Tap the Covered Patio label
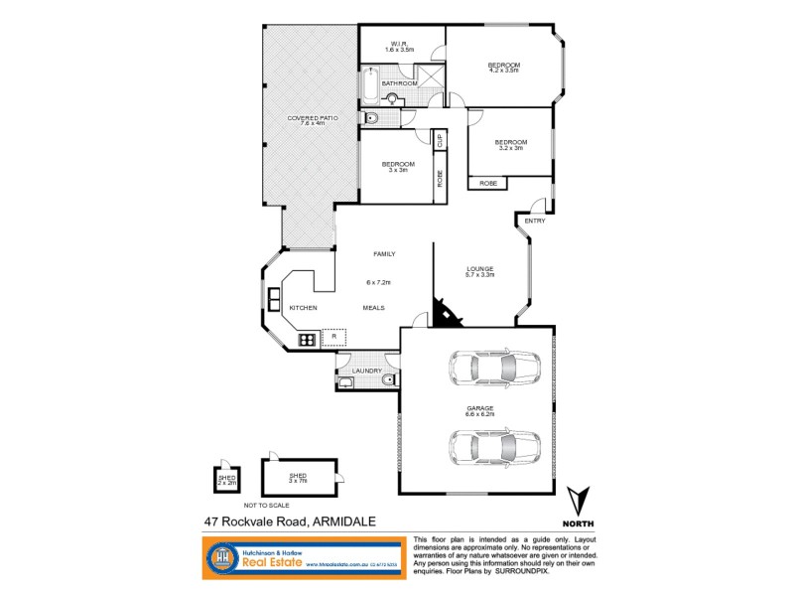click(314, 120)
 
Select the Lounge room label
click(480, 270)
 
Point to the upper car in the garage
click(493, 369)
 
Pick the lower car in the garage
click(493, 449)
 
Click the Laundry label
click(367, 372)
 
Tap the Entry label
click(535, 221)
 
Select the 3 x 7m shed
click(299, 477)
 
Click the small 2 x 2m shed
click(226, 480)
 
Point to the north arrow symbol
click(579, 501)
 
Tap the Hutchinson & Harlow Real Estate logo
click(298, 557)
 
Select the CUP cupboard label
click(439, 141)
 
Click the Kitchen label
click(303, 308)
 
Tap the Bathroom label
click(400, 83)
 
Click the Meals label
click(373, 308)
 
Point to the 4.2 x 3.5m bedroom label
click(504, 69)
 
